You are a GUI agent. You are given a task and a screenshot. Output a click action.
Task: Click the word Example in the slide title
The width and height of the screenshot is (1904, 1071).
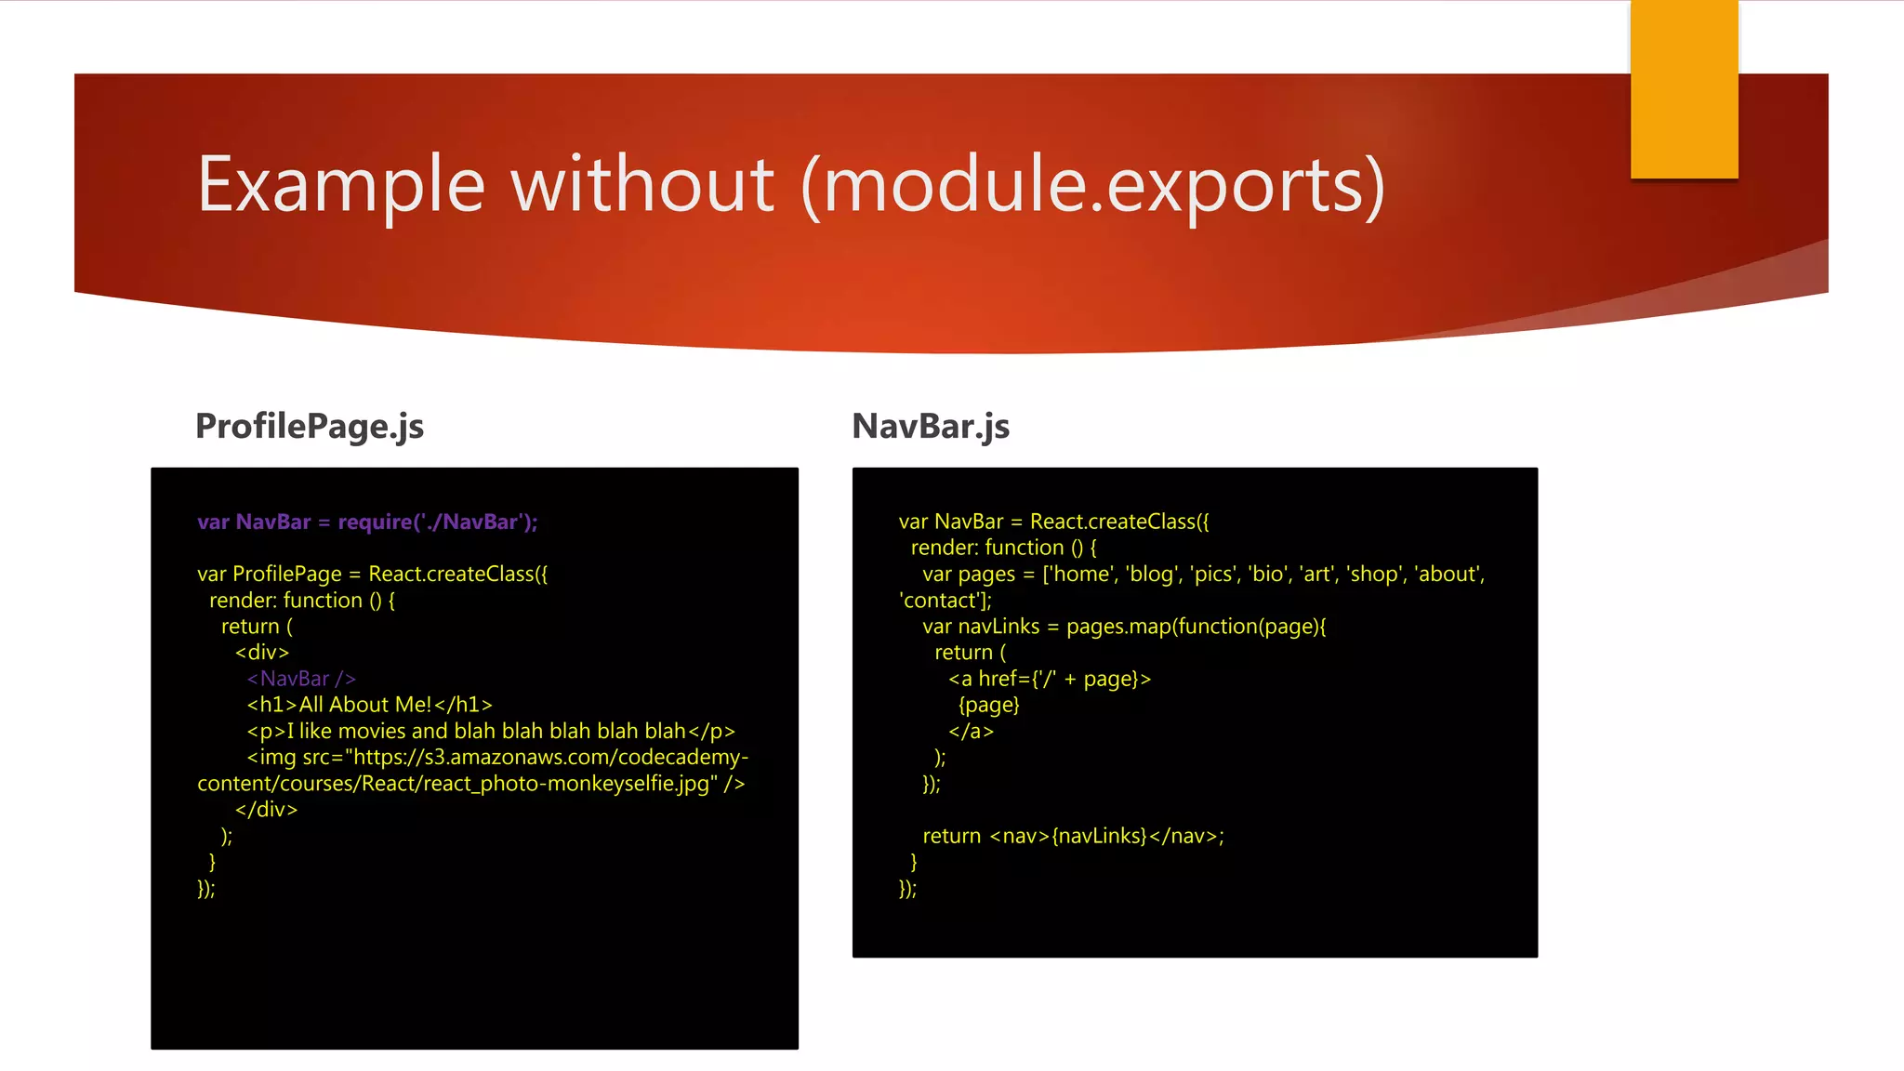pyautogui.click(x=341, y=186)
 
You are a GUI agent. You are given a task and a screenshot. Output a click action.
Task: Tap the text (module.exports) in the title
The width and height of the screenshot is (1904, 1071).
pyautogui.click(x=1093, y=186)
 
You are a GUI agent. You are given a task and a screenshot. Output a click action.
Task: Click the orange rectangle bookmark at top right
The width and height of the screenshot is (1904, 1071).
pyautogui.click(x=1684, y=89)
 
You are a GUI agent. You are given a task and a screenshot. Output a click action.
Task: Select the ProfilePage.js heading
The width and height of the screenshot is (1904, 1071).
pyautogui.click(x=310, y=426)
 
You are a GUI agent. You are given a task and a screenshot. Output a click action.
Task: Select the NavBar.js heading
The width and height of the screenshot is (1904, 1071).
pyautogui.click(x=931, y=426)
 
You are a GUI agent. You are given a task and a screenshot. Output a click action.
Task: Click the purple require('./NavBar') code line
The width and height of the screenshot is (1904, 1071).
pyautogui.click(x=367, y=522)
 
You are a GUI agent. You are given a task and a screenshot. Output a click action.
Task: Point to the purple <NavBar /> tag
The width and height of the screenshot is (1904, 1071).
pyautogui.click(x=301, y=679)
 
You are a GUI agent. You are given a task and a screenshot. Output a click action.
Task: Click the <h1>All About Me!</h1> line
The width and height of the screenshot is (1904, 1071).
pyautogui.click(x=369, y=705)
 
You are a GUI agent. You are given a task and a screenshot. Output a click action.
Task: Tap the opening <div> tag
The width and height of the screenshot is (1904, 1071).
pyautogui.click(x=262, y=653)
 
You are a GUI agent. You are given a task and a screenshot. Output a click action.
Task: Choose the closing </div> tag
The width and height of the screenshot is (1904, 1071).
pyautogui.click(x=266, y=810)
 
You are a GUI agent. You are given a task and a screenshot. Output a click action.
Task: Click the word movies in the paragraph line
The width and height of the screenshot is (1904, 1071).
pyautogui.click(x=372, y=731)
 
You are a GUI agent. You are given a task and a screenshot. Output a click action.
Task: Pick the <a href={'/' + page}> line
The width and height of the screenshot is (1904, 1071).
pyautogui.click(x=1050, y=679)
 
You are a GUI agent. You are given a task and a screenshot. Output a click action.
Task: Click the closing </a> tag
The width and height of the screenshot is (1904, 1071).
pyautogui.click(x=971, y=732)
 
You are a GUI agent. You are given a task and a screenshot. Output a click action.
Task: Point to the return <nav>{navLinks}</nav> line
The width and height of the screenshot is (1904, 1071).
pyautogui.click(x=1073, y=836)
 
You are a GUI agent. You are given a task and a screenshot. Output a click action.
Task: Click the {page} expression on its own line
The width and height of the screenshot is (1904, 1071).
pyautogui.click(x=989, y=705)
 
